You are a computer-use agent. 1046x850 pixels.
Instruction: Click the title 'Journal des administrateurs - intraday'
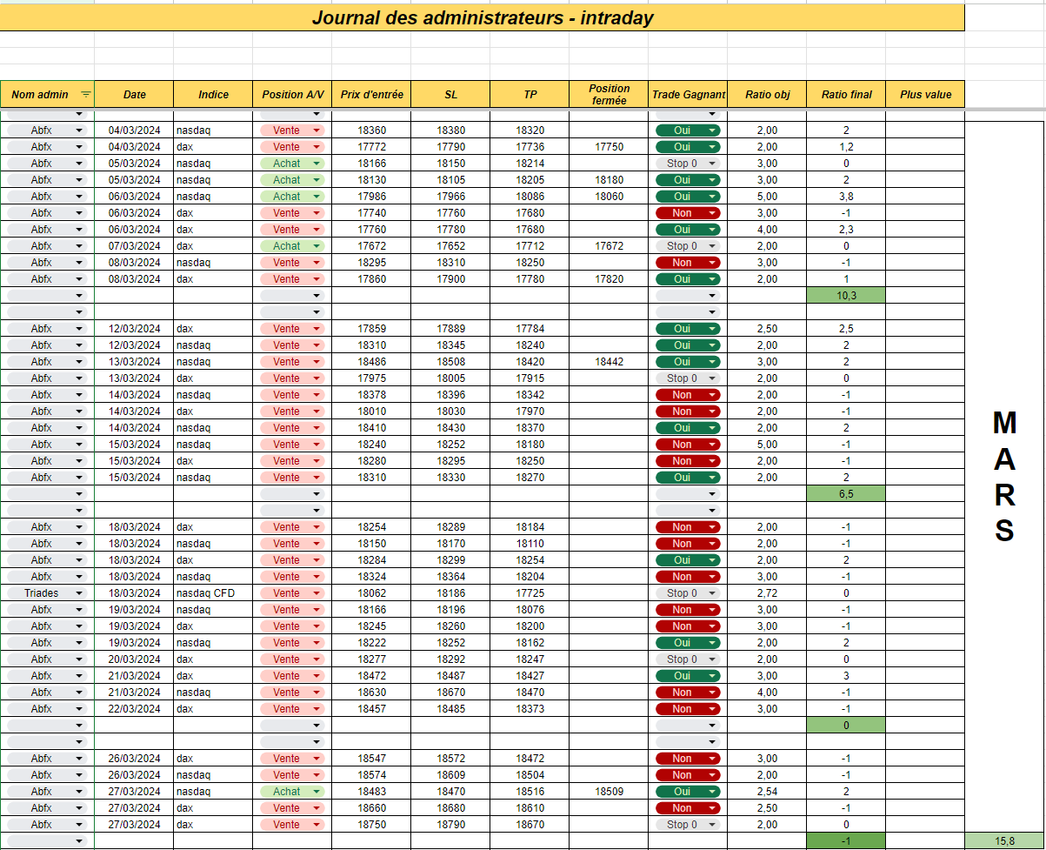(x=483, y=18)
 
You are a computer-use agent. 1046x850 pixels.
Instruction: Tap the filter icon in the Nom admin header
(x=85, y=94)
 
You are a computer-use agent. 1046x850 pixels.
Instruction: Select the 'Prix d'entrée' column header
(x=372, y=94)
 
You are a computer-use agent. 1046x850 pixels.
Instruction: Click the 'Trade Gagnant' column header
(x=688, y=94)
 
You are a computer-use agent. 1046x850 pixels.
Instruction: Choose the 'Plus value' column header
(x=925, y=94)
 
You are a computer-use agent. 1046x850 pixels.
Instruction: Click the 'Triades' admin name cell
(x=41, y=593)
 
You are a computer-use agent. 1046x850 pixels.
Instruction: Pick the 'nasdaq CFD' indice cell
(x=206, y=593)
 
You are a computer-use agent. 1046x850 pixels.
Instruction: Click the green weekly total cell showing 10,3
(x=846, y=295)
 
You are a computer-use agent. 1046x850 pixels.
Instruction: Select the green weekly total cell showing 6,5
(x=846, y=494)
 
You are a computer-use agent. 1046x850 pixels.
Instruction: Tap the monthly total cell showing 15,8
(x=1004, y=841)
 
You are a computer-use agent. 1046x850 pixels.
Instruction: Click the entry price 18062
(x=372, y=593)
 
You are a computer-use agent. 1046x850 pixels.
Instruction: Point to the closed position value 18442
(x=609, y=362)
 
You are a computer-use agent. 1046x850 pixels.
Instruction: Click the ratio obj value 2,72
(x=767, y=593)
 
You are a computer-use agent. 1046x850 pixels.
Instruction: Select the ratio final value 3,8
(x=846, y=197)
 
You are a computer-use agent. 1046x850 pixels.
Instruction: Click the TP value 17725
(x=530, y=593)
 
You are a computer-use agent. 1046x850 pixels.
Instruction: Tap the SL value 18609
(x=450, y=775)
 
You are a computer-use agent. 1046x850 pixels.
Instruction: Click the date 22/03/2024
(x=134, y=708)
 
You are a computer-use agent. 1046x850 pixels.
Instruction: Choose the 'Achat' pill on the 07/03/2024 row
(x=291, y=245)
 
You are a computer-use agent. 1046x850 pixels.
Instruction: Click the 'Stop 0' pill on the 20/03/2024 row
(x=688, y=659)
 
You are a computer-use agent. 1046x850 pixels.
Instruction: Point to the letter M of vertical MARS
(x=1004, y=423)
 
